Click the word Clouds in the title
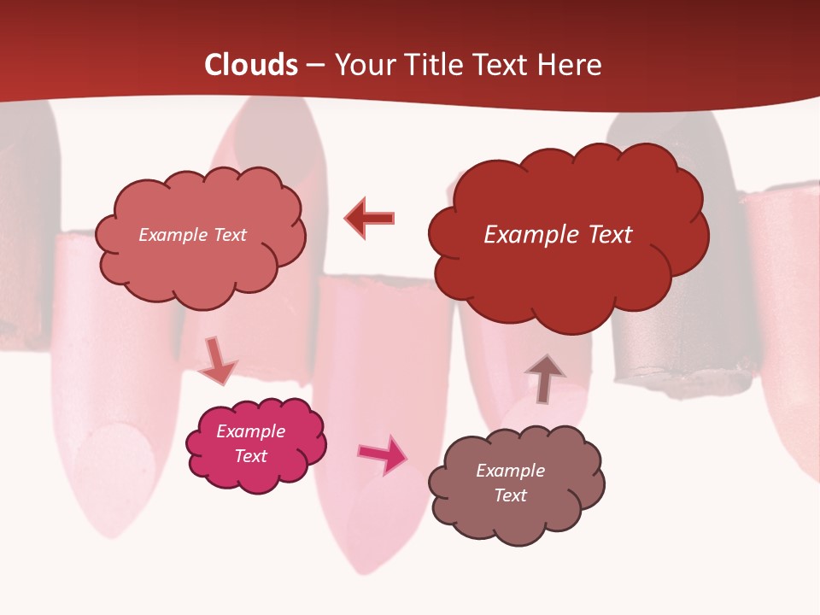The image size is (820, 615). (x=251, y=65)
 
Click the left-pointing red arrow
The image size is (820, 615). (x=369, y=219)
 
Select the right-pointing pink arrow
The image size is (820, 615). (x=382, y=454)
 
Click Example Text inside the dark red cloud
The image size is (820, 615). (x=558, y=235)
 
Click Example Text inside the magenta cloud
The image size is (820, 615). (x=251, y=443)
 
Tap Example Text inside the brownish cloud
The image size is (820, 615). (x=510, y=483)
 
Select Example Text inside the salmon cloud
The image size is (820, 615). (x=192, y=235)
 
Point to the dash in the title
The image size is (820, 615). (x=315, y=66)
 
